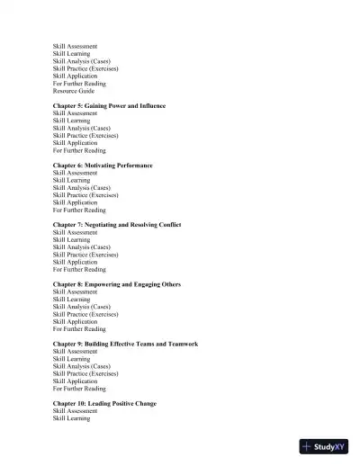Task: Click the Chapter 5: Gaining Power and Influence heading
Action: (x=109, y=106)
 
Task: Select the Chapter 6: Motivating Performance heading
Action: (x=103, y=166)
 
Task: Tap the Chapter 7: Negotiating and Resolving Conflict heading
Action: (x=117, y=225)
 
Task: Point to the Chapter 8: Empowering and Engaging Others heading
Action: (x=116, y=284)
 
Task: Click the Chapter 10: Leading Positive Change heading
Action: (x=104, y=403)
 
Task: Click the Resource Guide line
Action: (x=73, y=91)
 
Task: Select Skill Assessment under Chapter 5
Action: (x=76, y=113)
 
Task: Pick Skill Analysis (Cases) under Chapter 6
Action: (x=82, y=187)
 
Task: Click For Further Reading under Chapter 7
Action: (x=79, y=269)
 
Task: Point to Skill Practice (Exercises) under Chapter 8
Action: (x=85, y=314)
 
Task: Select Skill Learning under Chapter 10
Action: (x=71, y=418)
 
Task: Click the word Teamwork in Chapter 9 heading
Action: (x=179, y=344)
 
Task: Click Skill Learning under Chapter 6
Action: (x=71, y=180)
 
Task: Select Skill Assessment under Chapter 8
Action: (x=76, y=291)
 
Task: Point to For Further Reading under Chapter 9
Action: (x=79, y=388)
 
